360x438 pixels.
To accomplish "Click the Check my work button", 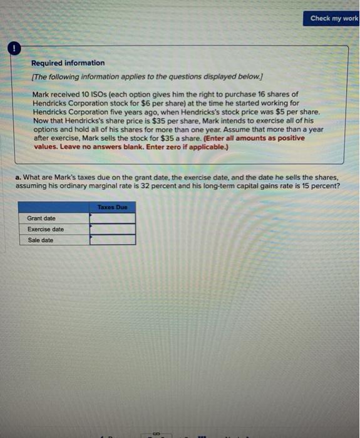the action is [x=334, y=18].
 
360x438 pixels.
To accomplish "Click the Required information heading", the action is [x=68, y=63].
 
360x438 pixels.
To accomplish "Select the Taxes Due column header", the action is [x=112, y=207].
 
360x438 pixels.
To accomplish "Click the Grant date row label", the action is [x=41, y=218].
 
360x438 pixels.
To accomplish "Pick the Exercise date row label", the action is [x=45, y=229].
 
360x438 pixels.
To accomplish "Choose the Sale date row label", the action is [x=41, y=240].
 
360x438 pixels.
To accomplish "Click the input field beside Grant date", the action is [x=113, y=218].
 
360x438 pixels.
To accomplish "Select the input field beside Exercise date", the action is [x=113, y=229].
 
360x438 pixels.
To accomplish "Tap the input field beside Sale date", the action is [x=113, y=240].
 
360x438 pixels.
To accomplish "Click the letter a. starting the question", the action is [x=18, y=178].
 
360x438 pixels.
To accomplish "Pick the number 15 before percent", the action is [x=311, y=186].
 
